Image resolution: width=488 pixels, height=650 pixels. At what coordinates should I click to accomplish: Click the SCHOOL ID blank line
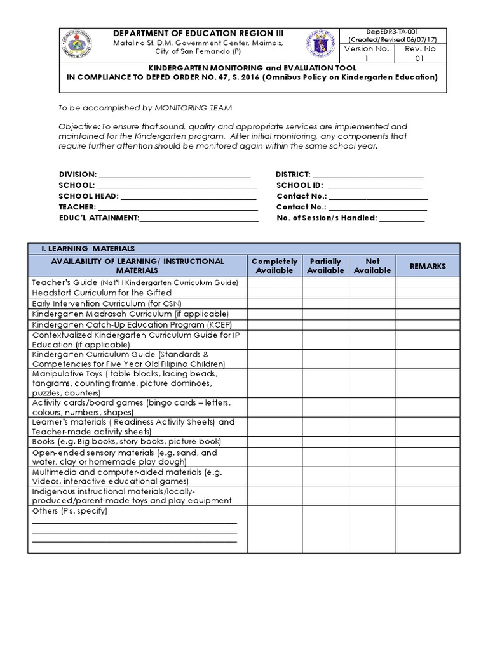374,185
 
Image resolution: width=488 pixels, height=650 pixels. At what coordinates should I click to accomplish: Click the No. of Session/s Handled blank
402,218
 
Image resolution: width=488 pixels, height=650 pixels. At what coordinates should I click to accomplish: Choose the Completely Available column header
274,265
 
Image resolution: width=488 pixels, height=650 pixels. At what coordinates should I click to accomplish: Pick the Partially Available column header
325,265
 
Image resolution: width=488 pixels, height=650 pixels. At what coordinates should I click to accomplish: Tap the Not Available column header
372,265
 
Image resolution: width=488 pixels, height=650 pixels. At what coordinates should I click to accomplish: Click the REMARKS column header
428,265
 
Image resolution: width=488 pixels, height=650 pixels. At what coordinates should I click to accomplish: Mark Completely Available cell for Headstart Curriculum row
274,292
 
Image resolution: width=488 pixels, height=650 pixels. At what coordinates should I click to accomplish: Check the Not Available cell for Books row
372,441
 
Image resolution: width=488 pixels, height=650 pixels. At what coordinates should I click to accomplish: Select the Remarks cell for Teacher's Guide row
428,282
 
